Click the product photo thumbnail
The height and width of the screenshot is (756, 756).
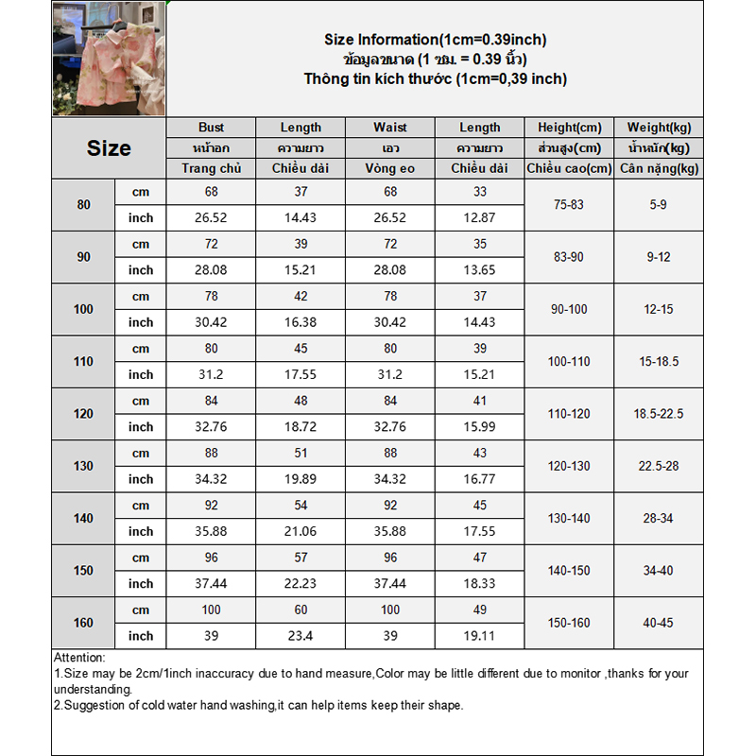[108, 60]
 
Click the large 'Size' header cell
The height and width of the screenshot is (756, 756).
[109, 148]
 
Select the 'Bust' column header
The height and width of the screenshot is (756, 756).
[211, 128]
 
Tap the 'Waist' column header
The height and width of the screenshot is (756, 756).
[389, 128]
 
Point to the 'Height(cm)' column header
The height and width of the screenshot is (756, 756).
[569, 128]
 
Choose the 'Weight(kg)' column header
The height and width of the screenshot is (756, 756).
[659, 128]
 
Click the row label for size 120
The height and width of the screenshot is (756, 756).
[84, 414]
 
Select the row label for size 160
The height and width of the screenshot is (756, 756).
[84, 623]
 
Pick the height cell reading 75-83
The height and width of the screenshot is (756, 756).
[569, 204]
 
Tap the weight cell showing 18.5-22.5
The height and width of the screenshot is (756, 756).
[659, 414]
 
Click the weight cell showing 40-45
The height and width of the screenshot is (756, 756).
[659, 623]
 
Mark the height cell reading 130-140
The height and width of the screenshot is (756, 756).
[569, 518]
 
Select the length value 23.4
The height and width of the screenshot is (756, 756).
[301, 636]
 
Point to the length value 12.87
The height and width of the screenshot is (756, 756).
[480, 217]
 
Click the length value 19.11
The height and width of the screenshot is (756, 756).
[480, 636]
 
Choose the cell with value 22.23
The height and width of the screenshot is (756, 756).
[301, 584]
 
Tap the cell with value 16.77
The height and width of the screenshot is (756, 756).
[480, 479]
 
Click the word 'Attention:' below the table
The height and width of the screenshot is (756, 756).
[79, 658]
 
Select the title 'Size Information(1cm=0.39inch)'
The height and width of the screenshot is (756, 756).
[435, 40]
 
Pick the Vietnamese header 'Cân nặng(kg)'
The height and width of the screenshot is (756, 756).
[659, 168]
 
